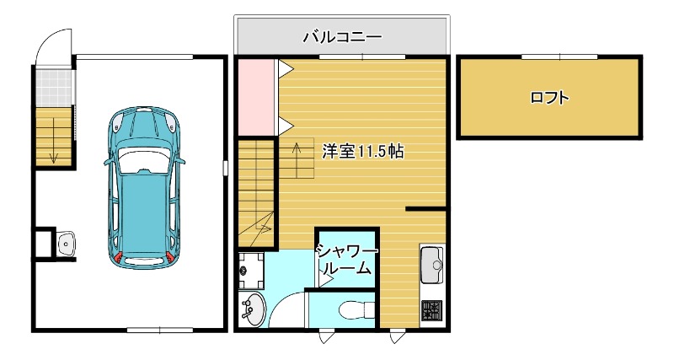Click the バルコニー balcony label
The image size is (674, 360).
click(x=341, y=37)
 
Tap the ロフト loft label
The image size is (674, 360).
click(x=549, y=97)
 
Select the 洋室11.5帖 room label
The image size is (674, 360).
click(x=362, y=152)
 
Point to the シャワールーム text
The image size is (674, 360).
click(x=345, y=260)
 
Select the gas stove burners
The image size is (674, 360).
click(x=431, y=310)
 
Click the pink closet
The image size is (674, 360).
click(x=255, y=96)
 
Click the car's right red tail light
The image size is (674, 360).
click(x=170, y=255)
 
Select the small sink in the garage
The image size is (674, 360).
click(x=67, y=244)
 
